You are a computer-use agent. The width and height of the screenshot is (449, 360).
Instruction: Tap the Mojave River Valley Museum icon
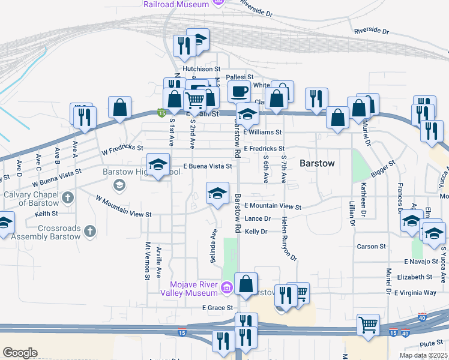tap(226, 288)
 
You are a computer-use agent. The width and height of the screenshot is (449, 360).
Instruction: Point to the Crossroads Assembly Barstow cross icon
tap(90, 231)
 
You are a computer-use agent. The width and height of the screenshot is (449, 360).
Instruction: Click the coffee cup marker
tap(239, 91)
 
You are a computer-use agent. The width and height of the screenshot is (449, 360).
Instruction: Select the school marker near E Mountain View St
tap(217, 193)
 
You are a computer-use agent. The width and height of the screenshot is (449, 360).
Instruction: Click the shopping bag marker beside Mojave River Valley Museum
tap(246, 283)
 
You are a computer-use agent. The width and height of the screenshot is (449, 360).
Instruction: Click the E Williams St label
tap(262, 132)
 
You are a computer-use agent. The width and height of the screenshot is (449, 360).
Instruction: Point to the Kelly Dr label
tap(256, 232)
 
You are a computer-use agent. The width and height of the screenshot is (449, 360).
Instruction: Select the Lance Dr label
tap(258, 219)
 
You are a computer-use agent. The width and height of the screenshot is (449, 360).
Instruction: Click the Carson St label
tap(371, 247)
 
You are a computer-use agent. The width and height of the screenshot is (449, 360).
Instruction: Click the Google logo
tap(20, 353)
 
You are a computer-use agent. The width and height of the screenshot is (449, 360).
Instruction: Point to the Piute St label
tap(430, 343)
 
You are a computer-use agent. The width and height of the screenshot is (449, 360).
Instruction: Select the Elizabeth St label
tap(414, 277)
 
